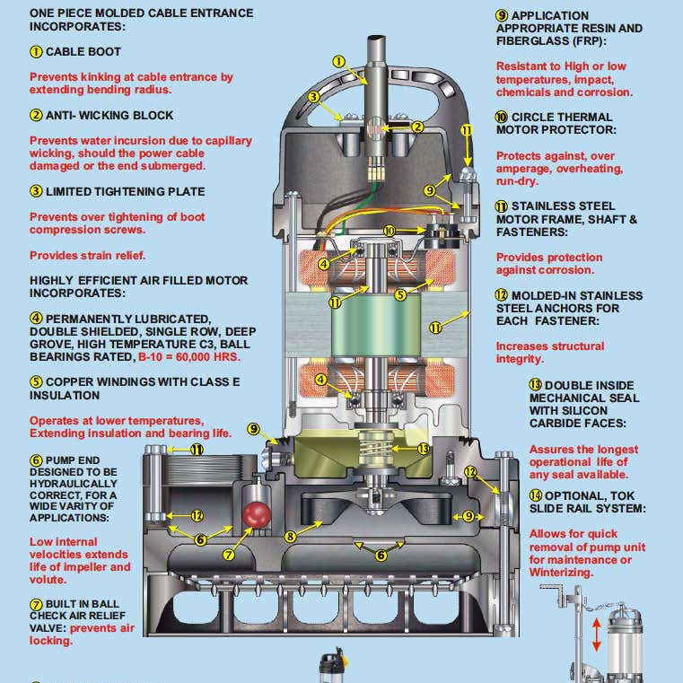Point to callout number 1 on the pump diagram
(x=338, y=62)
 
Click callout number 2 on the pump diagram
(x=416, y=127)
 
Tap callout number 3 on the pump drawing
(x=313, y=96)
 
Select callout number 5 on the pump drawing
(x=401, y=293)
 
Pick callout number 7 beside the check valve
(x=229, y=555)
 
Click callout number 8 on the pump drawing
(x=291, y=537)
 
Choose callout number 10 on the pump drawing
(x=389, y=231)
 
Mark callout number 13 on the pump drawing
(x=425, y=447)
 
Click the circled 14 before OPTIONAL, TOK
(x=535, y=495)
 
